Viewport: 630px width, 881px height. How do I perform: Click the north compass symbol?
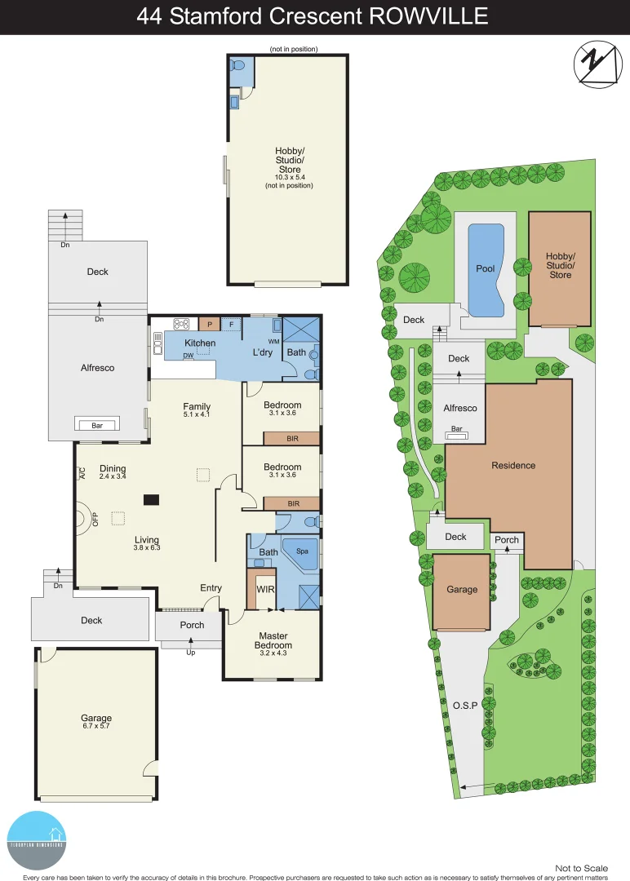(595, 64)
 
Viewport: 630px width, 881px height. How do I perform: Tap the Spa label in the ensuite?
(302, 551)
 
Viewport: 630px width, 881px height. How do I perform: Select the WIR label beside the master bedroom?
(265, 588)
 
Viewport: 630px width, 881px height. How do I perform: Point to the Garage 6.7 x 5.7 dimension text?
(95, 725)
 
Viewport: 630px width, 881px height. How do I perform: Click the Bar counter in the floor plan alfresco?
(97, 424)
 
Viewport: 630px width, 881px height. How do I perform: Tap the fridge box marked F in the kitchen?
(231, 324)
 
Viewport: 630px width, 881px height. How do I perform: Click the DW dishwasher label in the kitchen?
(188, 356)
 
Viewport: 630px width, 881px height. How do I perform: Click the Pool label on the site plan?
(486, 268)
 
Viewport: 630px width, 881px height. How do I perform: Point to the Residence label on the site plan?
(513, 466)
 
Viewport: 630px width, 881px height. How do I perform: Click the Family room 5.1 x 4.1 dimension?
(197, 415)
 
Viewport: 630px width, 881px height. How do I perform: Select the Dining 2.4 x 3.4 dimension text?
(113, 476)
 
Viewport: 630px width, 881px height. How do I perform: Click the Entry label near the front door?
(211, 588)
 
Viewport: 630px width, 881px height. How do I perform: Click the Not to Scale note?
(581, 869)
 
